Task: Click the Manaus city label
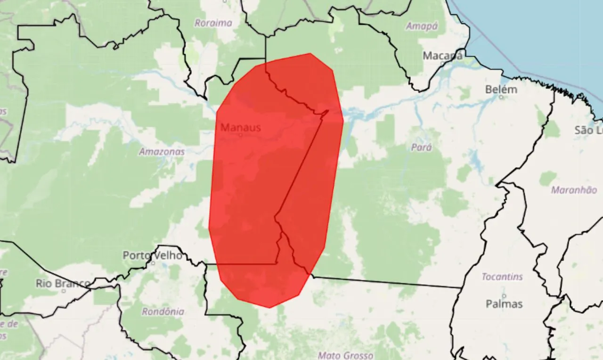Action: (x=240, y=127)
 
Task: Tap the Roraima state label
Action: (x=213, y=23)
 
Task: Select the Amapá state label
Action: (x=422, y=26)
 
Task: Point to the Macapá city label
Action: (x=442, y=56)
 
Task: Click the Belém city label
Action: (x=501, y=89)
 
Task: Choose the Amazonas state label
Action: (x=162, y=152)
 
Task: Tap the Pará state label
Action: (x=421, y=147)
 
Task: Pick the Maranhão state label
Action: (x=573, y=190)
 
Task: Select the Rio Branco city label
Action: (x=62, y=283)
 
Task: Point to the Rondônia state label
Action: (x=163, y=311)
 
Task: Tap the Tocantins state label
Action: (x=502, y=277)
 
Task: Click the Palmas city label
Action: (x=504, y=304)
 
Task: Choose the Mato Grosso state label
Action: (x=345, y=355)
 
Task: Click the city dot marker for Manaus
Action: (x=240, y=135)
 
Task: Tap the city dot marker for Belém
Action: (x=501, y=97)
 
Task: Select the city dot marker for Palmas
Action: (x=504, y=296)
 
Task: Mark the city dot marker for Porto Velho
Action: (x=153, y=263)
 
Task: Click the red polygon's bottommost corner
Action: (x=269, y=308)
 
